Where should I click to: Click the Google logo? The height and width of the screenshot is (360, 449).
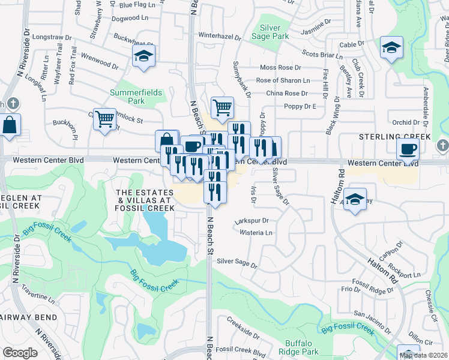pyautogui.click(x=20, y=352)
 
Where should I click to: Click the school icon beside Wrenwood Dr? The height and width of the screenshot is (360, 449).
pyautogui.click(x=144, y=56)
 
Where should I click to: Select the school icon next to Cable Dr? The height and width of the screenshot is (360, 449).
pyautogui.click(x=391, y=47)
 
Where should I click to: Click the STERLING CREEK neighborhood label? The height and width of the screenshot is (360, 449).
pyautogui.click(x=395, y=137)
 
